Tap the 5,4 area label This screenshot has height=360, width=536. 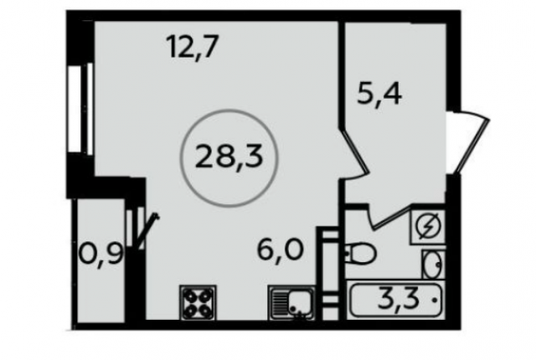pos(380,90)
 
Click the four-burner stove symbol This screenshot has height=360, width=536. pos(198,301)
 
